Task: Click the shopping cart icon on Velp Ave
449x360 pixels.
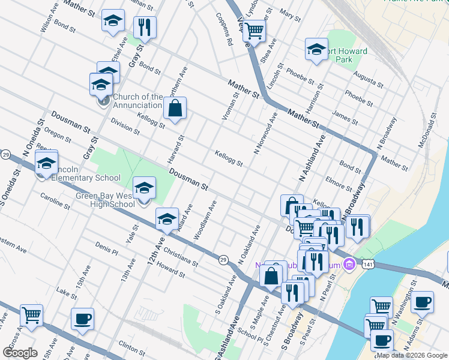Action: tap(255, 30)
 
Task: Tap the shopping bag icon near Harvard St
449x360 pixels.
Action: tap(175, 109)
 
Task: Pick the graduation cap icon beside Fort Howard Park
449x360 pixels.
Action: tap(316, 50)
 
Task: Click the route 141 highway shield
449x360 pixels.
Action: tap(367, 264)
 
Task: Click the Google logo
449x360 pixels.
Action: tap(20, 352)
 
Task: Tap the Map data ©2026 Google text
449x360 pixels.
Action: tap(411, 355)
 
